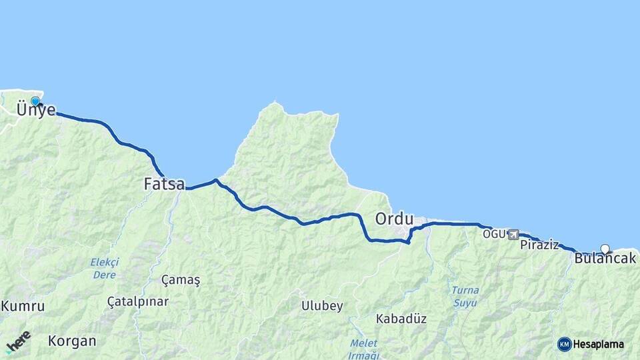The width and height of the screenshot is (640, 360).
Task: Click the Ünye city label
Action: pos(36,111)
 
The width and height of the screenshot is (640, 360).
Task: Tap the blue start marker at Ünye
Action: pos(35,101)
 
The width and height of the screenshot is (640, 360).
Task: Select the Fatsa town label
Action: pos(164,183)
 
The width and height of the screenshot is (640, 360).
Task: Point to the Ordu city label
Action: pos(394,219)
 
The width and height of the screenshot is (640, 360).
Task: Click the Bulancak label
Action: pos(605,259)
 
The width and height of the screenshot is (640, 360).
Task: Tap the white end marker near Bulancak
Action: pos(605,249)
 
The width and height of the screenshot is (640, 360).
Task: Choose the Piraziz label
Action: pos(539,245)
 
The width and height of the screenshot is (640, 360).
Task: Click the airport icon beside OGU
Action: pos(513,234)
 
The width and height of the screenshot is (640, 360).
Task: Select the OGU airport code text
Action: pos(495,234)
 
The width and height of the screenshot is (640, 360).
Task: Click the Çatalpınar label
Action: pos(138,301)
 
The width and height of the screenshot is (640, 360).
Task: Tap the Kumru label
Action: pos(23,307)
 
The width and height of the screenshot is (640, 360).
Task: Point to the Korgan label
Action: pos(72,341)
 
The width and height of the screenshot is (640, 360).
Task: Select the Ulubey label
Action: pos(322,306)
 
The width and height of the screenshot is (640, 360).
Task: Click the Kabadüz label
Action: pos(401,319)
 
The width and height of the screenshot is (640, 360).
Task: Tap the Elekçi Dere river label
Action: pos(104,268)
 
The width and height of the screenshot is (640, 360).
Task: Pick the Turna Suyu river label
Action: pos(465,296)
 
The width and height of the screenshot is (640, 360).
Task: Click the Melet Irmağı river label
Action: pos(363,348)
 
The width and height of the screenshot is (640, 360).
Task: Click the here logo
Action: pos(18,342)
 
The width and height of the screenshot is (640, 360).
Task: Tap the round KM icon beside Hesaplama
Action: pos(564,344)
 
